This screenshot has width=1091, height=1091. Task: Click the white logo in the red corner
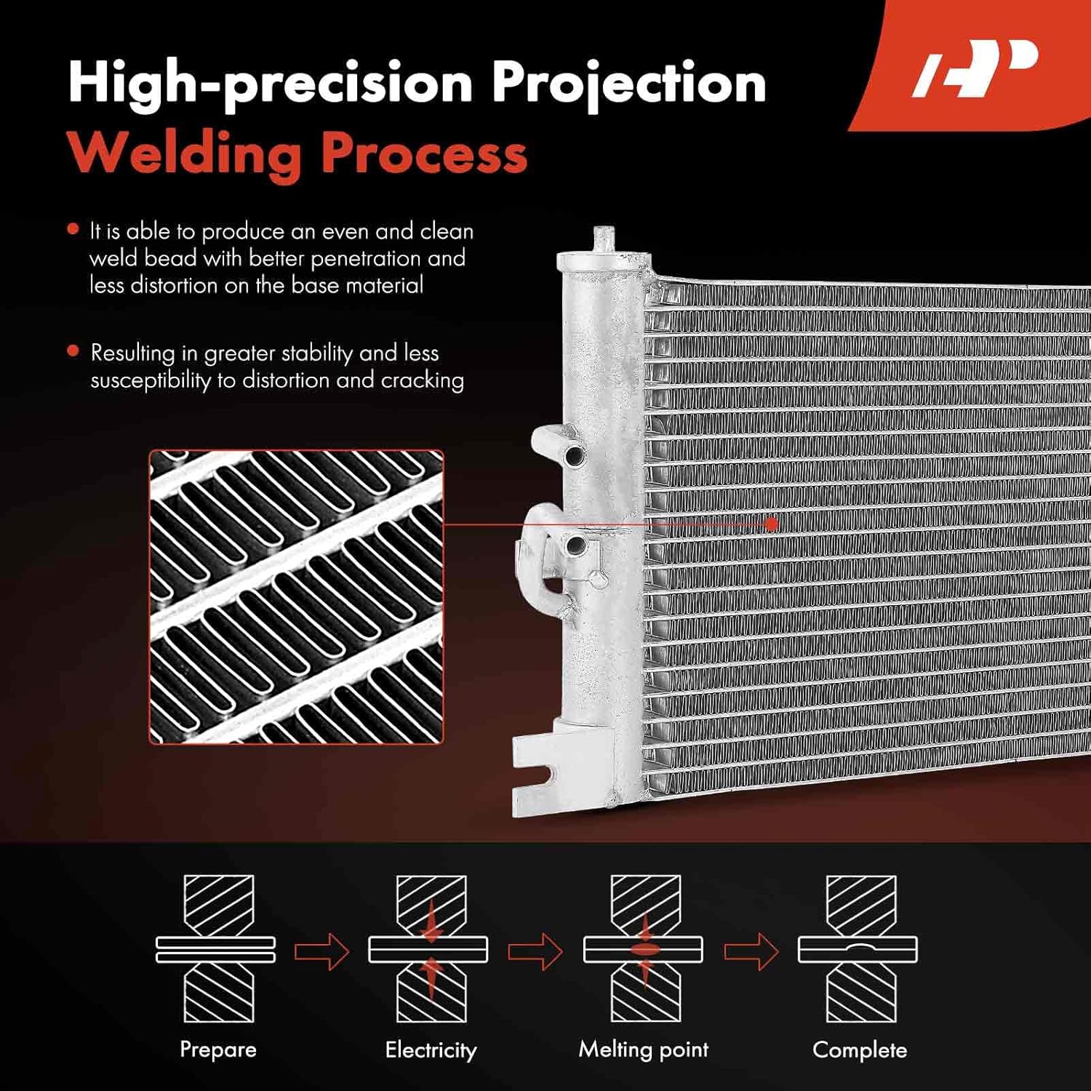coord(975,69)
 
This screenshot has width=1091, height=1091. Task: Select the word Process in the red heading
coord(424,154)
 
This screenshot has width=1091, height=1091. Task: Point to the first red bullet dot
coord(73,230)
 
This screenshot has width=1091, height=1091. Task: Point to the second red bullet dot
coord(73,351)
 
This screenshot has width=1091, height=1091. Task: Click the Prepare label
coord(217,1050)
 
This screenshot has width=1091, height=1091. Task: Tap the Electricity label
coord(431,1050)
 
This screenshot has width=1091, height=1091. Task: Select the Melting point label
coord(643,1050)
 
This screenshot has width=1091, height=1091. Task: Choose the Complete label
coord(859,1050)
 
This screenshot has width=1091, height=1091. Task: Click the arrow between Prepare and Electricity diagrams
coord(321,951)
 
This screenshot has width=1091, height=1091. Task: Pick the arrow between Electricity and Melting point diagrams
coord(535,951)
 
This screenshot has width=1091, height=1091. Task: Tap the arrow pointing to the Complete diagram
coord(751,951)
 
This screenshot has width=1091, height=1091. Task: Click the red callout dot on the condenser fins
coord(772,523)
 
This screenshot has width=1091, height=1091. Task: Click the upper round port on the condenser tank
coord(575,456)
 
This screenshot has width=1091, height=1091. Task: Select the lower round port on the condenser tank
coord(575,544)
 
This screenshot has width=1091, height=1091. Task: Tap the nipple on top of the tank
coord(603,238)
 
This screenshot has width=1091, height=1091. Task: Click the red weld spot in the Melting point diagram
coord(643,949)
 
